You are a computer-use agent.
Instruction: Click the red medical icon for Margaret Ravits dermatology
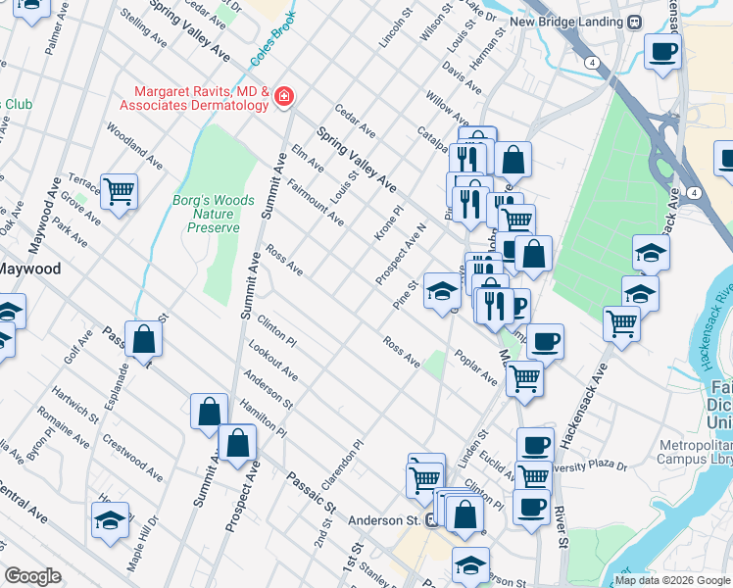tap(284, 96)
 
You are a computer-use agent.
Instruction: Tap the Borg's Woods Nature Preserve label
tap(213, 213)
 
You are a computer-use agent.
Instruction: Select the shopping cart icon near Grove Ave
tap(119, 191)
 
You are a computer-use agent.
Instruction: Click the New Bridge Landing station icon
tap(635, 22)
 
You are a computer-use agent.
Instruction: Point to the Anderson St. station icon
tap(431, 520)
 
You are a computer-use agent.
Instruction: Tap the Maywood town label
tap(29, 269)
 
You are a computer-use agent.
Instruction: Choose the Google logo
tap(32, 575)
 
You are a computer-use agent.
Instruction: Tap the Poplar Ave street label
tap(477, 368)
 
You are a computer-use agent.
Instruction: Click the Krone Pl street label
tap(388, 223)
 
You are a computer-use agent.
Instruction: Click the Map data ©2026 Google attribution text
tap(672, 580)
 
